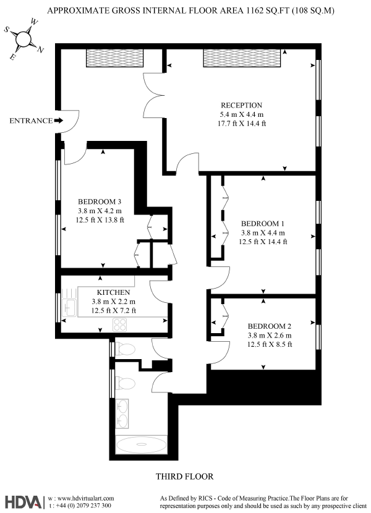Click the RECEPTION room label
pos(241,105)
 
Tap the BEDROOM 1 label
pos(263,224)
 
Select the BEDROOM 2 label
pos(269,326)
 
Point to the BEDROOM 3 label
pos(100,201)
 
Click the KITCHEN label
pos(113,292)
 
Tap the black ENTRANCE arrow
pos(58,121)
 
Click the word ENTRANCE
pos(31,121)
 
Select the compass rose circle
pos(23,39)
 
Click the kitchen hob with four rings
pos(119,325)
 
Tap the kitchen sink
pos(69,308)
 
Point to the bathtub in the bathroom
pos(141,444)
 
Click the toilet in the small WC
pos(126,349)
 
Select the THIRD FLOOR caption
pos(184,477)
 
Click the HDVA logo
pos(23,502)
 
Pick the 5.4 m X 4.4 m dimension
pos(242,114)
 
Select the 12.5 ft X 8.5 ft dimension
pos(270,344)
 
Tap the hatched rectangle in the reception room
pos(242,58)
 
